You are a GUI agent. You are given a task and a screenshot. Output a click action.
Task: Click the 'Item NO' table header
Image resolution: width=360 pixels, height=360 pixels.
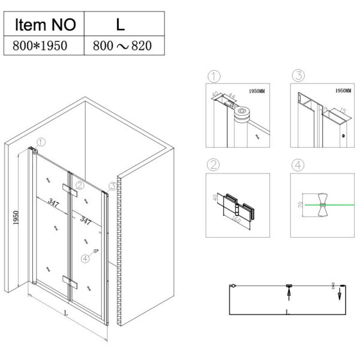pos(44,25)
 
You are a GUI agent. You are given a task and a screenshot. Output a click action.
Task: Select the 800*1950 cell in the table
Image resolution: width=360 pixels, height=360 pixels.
pos(44,46)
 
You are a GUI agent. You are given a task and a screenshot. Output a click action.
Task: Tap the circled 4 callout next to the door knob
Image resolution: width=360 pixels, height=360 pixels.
pos(85,259)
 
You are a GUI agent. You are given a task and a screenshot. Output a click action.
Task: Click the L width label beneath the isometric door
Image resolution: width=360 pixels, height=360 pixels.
pos(65,314)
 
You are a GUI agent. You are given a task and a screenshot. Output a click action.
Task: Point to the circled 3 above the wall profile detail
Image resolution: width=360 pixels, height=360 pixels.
pos(298,76)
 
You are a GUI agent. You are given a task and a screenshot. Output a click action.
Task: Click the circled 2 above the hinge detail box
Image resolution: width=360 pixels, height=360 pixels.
pos(212,164)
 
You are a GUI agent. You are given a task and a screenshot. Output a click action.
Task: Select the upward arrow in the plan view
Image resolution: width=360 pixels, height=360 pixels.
pos(289,294)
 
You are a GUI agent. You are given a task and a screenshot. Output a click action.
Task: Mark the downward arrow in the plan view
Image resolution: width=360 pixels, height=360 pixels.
pos(339,295)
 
